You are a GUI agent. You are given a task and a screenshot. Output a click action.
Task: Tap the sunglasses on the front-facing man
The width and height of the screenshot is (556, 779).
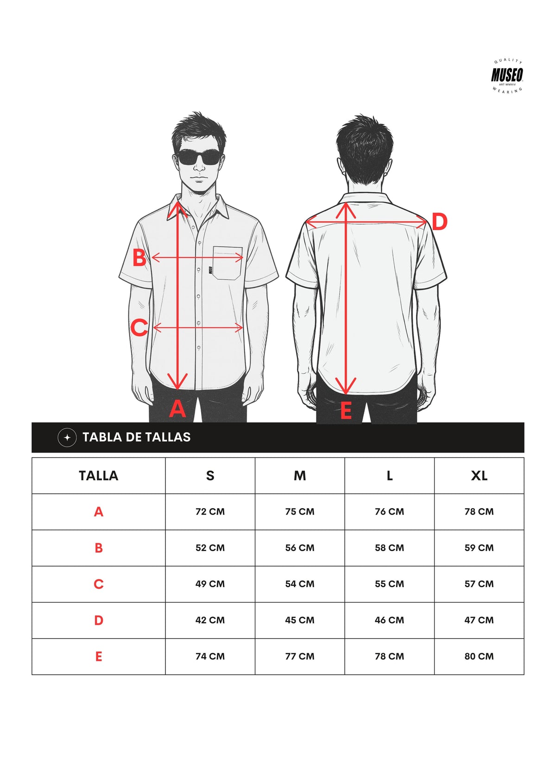coord(199,158)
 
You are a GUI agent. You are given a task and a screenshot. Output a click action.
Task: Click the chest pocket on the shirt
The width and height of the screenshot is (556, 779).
coord(227,263)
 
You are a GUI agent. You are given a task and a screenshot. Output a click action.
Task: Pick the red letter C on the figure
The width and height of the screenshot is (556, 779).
coord(139,327)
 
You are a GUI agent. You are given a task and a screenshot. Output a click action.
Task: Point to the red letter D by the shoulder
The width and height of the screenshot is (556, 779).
coord(439,221)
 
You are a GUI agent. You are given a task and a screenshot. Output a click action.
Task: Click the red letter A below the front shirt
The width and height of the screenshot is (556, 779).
coord(177,408)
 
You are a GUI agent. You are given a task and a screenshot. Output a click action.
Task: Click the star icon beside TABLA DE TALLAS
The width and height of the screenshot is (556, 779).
coord(67,437)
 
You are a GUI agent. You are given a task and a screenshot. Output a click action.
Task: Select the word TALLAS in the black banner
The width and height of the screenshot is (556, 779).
coord(168,437)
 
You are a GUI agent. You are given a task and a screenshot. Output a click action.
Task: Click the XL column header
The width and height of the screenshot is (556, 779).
coord(479,475)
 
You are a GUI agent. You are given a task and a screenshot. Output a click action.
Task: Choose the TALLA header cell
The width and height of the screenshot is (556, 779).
coord(99,475)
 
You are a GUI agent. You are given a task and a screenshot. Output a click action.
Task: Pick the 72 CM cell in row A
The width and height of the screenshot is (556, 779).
coord(210,512)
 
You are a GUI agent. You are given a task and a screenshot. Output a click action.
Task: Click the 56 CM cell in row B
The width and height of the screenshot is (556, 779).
coord(300,548)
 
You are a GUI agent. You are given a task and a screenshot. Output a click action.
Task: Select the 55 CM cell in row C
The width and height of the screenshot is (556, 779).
coord(390,584)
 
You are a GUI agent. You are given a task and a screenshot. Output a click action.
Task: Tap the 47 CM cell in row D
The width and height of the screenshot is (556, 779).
coord(479,620)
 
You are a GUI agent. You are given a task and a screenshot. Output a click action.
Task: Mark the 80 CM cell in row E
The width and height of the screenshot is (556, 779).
coord(479,656)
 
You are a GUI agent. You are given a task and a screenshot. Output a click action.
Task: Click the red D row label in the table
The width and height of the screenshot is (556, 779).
coord(99,620)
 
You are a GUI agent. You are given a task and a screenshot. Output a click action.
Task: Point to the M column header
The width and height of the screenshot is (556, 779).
coord(300,475)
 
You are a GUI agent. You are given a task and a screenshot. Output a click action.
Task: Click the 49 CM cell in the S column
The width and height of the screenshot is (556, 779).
coord(210,584)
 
